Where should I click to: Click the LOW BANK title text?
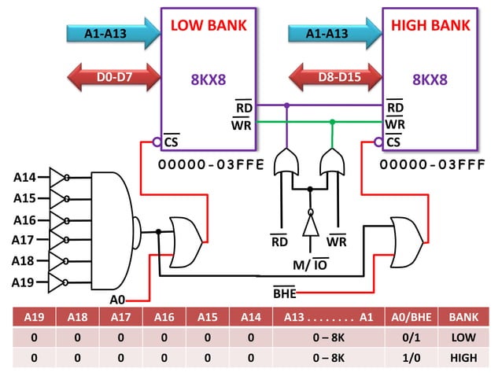[209, 25]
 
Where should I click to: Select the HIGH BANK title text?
[430, 25]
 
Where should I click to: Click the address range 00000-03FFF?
[430, 165]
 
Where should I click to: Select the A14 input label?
[25, 178]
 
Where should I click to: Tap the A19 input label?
[25, 281]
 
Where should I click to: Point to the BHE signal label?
[284, 293]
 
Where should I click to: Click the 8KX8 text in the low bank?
[209, 79]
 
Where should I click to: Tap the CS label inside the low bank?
[171, 142]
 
